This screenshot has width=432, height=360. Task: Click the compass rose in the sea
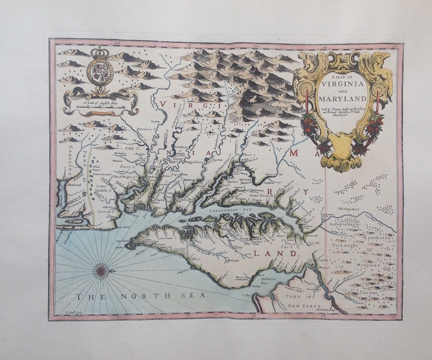click(x=101, y=270)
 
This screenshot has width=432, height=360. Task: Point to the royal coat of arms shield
click(x=99, y=72)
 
